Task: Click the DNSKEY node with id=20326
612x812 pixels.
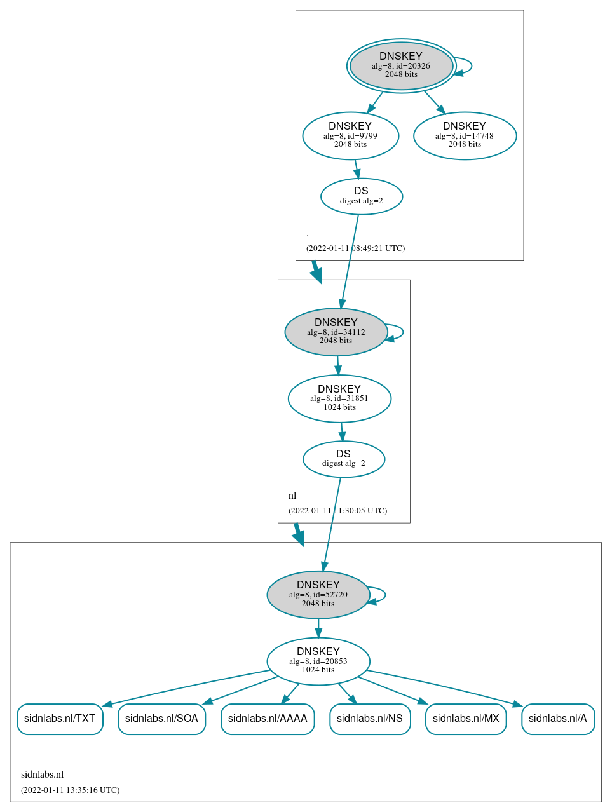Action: click(x=401, y=65)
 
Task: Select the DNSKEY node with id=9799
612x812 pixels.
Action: click(x=350, y=135)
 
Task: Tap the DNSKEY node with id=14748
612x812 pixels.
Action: click(x=465, y=135)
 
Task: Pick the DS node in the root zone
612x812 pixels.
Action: click(x=361, y=196)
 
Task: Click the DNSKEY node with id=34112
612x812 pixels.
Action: click(x=336, y=332)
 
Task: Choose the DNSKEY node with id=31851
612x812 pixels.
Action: click(x=339, y=398)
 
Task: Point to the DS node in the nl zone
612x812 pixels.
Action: click(x=343, y=459)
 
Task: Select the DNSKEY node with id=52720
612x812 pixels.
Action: click(x=318, y=595)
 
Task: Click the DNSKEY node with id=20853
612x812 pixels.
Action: click(x=318, y=661)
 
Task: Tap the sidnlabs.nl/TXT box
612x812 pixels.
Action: click(x=60, y=719)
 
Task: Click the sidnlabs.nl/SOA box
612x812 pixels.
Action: click(x=161, y=719)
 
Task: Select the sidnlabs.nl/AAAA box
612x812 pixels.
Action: click(x=268, y=719)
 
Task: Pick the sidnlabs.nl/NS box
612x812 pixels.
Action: click(x=370, y=719)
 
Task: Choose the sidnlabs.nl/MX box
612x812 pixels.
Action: click(x=466, y=719)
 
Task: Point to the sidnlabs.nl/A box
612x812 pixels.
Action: click(x=558, y=719)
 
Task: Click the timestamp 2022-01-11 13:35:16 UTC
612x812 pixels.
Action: click(x=70, y=790)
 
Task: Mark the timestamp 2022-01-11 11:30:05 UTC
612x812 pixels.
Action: click(x=337, y=511)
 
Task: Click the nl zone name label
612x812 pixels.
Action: click(x=292, y=496)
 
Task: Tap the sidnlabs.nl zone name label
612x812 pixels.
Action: click(x=43, y=775)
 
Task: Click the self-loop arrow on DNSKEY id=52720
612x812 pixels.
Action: click(x=384, y=595)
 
